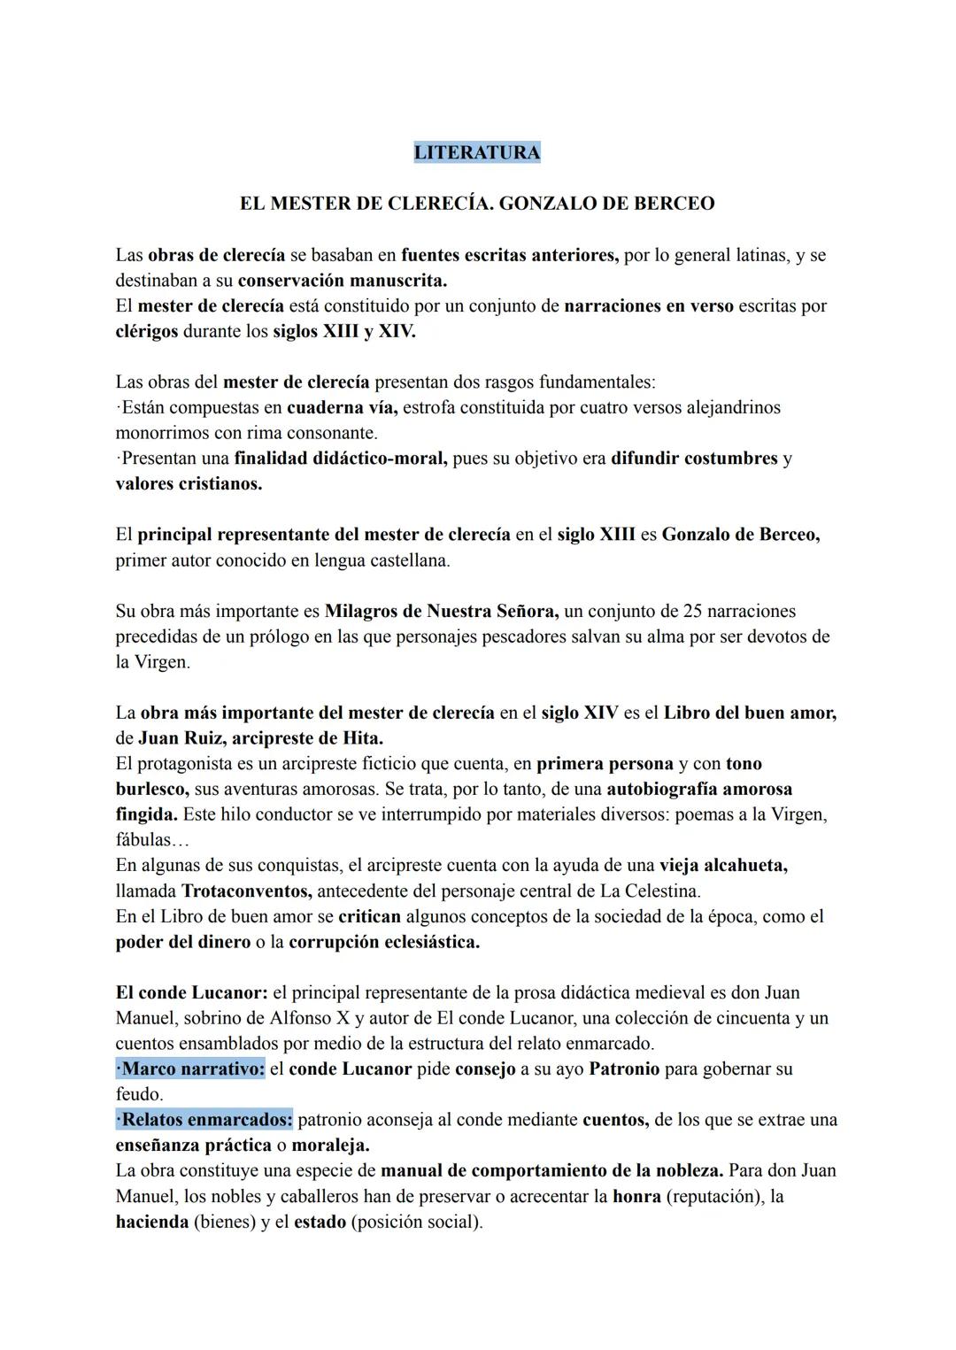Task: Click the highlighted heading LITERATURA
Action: (477, 152)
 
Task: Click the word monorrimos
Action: (162, 434)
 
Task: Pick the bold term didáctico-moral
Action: (377, 459)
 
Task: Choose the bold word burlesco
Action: (151, 789)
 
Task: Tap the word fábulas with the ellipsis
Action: (146, 840)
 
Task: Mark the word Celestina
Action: (660, 891)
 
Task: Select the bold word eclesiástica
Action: (432, 942)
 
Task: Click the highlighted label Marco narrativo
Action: (191, 1068)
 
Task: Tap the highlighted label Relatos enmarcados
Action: (204, 1120)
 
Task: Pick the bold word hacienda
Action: (151, 1222)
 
